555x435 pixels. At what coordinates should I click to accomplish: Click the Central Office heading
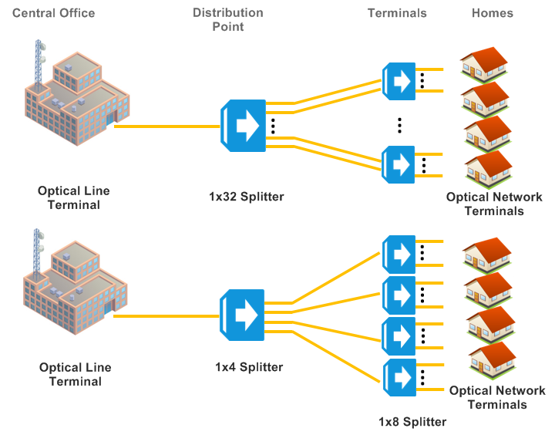pyautogui.click(x=54, y=12)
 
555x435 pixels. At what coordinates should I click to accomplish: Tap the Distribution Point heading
pyautogui.click(x=227, y=19)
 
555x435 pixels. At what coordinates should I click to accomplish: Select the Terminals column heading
pyautogui.click(x=397, y=12)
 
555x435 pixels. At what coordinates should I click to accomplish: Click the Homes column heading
pyautogui.click(x=492, y=12)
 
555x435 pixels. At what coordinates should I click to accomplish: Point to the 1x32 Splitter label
pyautogui.click(x=246, y=197)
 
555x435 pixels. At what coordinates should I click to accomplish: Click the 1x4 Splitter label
pyautogui.click(x=249, y=367)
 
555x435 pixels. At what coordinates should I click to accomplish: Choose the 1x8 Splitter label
pyautogui.click(x=412, y=422)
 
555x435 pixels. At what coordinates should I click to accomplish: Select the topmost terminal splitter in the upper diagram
pyautogui.click(x=399, y=80)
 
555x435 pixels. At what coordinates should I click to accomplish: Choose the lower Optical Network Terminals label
pyautogui.click(x=496, y=397)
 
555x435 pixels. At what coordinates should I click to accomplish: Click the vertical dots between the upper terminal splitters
pyautogui.click(x=399, y=123)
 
